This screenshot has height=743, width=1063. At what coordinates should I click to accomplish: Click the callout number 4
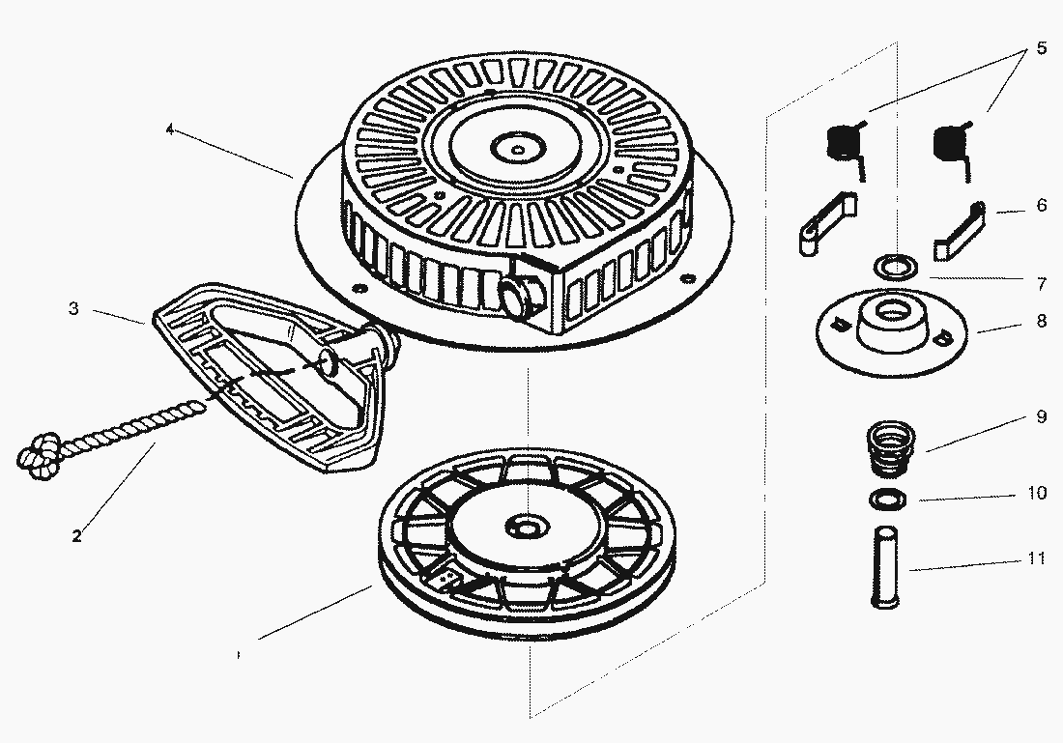tap(170, 130)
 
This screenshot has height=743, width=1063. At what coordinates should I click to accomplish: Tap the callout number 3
tap(73, 309)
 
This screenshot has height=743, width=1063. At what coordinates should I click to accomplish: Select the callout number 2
tap(76, 535)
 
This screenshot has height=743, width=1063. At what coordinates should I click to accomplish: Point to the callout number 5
tap(1041, 48)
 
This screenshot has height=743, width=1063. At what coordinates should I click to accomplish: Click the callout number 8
tap(1041, 322)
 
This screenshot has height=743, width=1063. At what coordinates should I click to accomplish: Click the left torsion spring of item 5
tap(847, 145)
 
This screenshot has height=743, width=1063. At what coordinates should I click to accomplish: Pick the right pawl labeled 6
tap(960, 229)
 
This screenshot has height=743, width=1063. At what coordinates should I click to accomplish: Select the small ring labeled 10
tap(885, 499)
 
